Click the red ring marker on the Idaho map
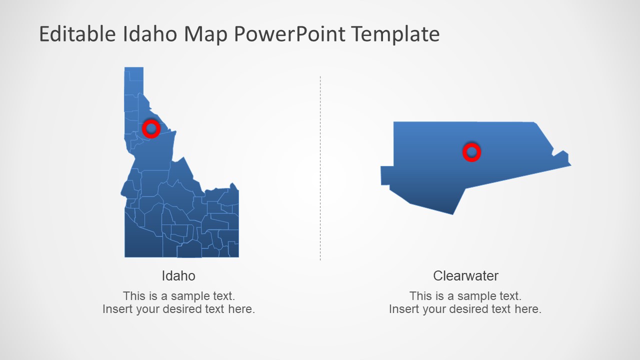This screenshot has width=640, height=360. [151, 128]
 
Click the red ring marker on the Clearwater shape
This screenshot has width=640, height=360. [471, 152]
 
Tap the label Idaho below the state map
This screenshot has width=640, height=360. [178, 275]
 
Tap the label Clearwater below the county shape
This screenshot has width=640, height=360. [465, 275]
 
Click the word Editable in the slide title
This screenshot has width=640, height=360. [77, 34]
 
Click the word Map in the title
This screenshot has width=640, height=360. [206, 34]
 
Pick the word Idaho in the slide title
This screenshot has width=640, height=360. [149, 34]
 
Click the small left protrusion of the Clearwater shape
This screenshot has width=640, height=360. [386, 175]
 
